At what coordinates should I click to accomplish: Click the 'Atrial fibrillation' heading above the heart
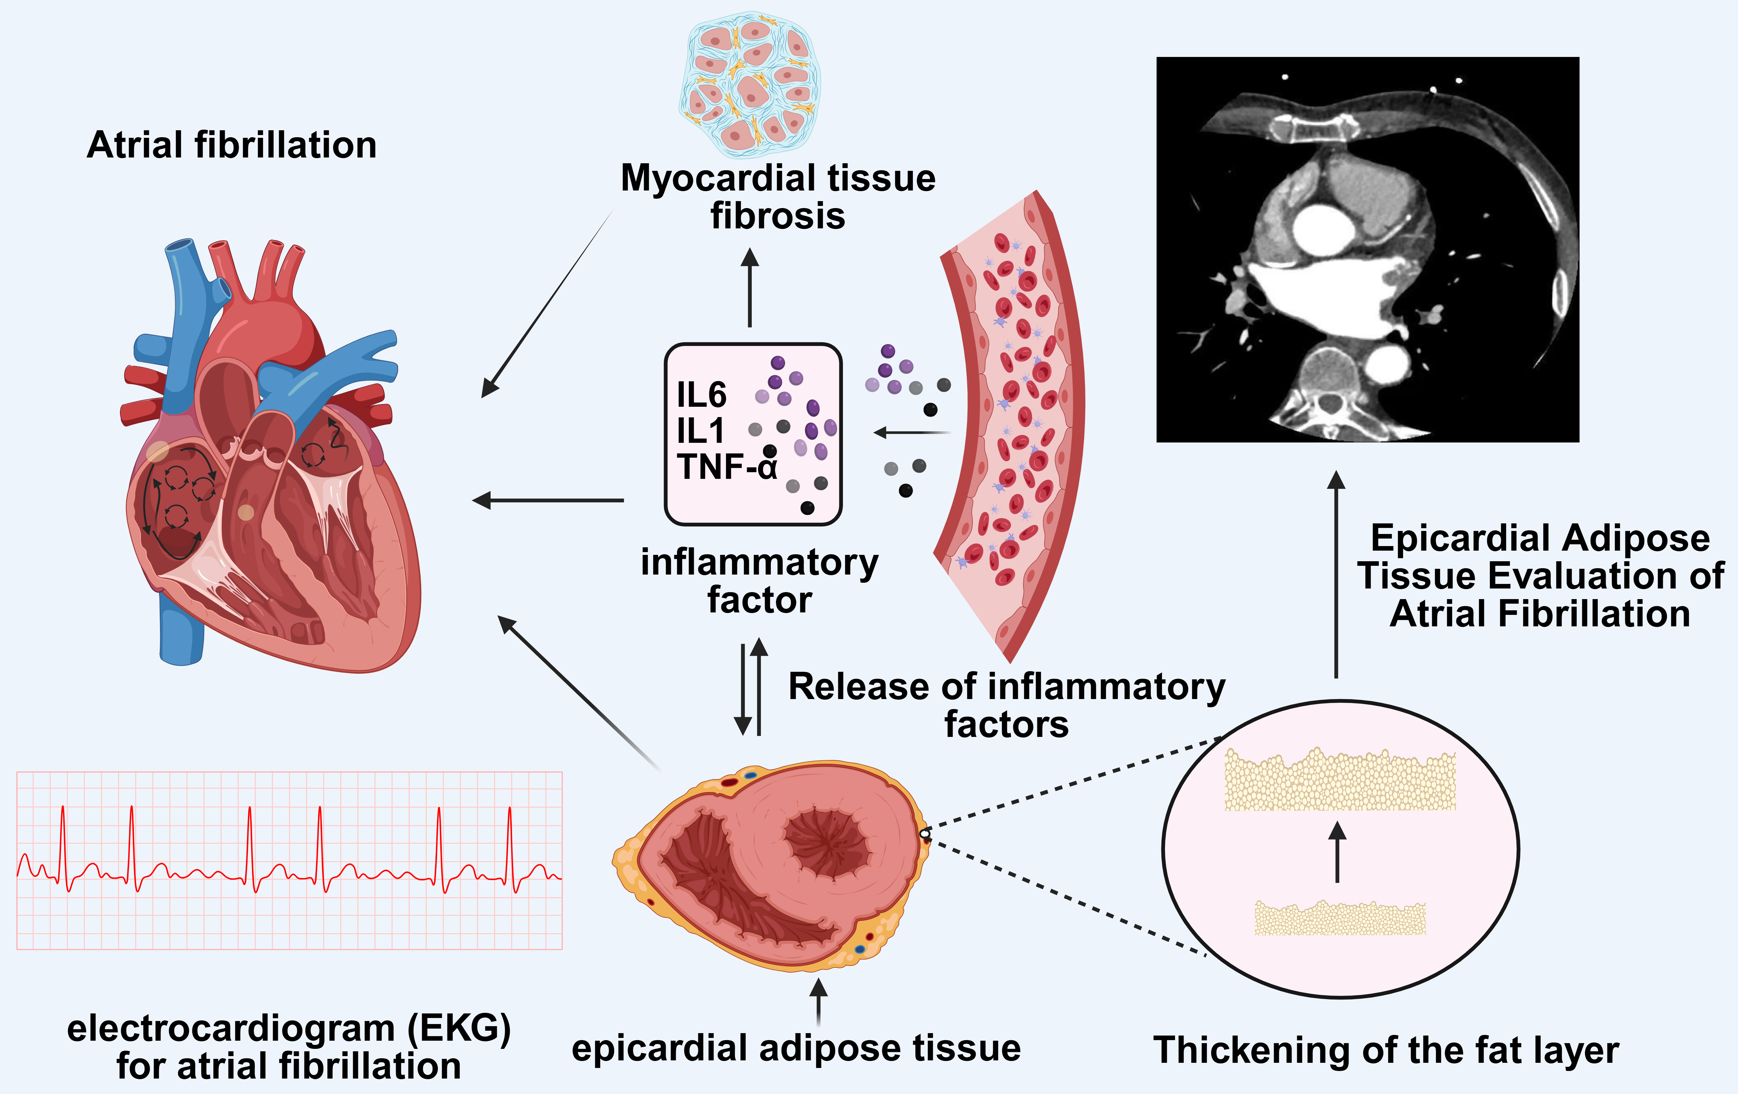pyautogui.click(x=232, y=145)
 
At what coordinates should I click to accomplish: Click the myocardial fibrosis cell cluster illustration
pyautogui.click(x=751, y=83)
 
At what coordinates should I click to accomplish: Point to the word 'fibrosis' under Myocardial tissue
pyautogui.click(x=777, y=216)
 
